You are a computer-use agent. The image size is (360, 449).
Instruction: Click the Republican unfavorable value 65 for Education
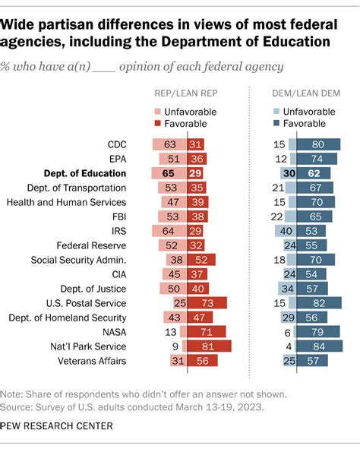(x=169, y=173)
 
